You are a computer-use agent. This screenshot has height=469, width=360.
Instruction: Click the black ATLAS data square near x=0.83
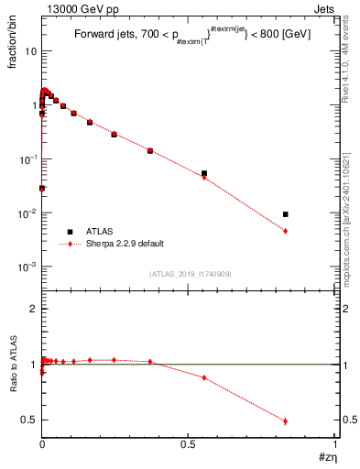(x=286, y=214)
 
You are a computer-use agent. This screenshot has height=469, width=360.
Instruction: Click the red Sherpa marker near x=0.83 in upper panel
(x=286, y=231)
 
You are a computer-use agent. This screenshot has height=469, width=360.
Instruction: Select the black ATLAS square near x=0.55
(x=204, y=173)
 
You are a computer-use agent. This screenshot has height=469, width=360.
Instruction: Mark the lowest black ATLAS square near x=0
(x=42, y=188)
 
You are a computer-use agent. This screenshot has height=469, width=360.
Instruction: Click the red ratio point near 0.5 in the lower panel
(x=286, y=421)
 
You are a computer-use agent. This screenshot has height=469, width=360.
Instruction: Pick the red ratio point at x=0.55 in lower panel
(x=204, y=377)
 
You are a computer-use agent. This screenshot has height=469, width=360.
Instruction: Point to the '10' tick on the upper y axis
(x=30, y=51)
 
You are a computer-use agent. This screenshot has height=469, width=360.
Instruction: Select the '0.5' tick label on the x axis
(x=187, y=443)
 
